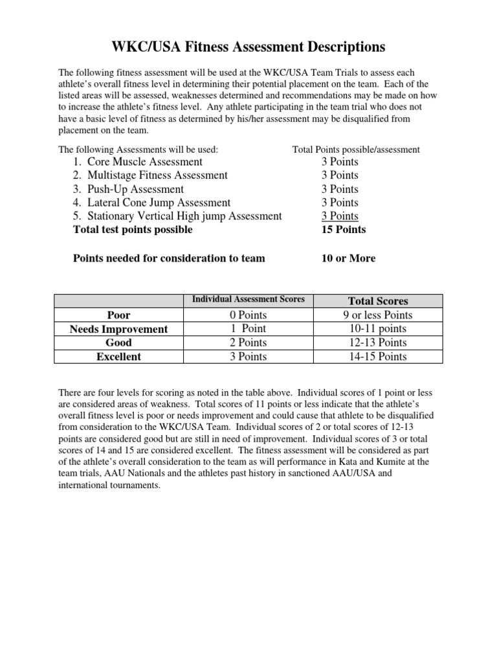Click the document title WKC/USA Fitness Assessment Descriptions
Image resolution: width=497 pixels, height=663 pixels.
coord(248,48)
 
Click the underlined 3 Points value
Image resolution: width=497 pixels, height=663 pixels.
coord(340,216)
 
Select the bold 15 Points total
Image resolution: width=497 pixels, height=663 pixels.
coord(343,230)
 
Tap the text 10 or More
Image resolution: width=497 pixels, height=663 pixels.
coord(348,258)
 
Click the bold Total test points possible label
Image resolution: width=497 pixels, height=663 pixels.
coord(133,230)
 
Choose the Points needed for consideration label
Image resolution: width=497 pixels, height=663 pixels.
coord(169,258)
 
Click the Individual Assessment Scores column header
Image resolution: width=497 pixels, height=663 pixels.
coord(248,300)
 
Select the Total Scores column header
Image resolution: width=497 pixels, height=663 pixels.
coord(378,301)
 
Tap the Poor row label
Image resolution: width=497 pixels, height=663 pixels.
coord(118,315)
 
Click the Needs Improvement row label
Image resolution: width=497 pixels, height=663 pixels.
coord(118,329)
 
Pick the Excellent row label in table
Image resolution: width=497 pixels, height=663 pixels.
coord(118,356)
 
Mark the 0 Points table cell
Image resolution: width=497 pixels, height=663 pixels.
coord(248,315)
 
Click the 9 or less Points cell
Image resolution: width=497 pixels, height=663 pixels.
coord(378,315)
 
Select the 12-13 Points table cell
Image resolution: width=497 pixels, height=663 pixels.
coord(378,343)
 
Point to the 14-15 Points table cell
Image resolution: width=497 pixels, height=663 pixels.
coord(378,356)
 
